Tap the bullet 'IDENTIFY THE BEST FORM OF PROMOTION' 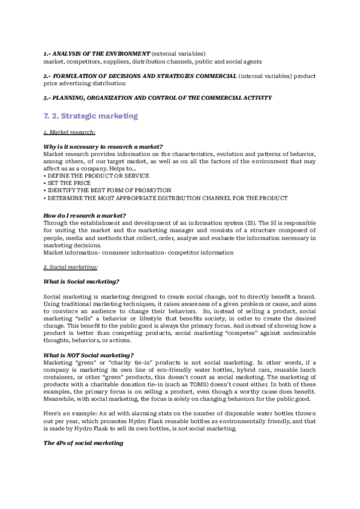[107, 190]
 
